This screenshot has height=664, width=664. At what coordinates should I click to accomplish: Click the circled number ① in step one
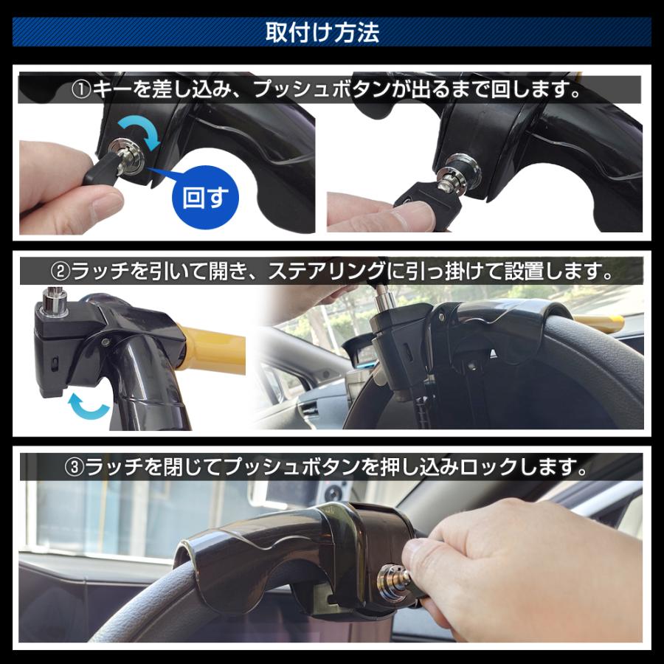point(80,91)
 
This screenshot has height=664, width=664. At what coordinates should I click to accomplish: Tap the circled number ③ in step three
point(74,468)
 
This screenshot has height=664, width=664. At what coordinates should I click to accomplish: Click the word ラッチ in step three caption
point(111,468)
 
